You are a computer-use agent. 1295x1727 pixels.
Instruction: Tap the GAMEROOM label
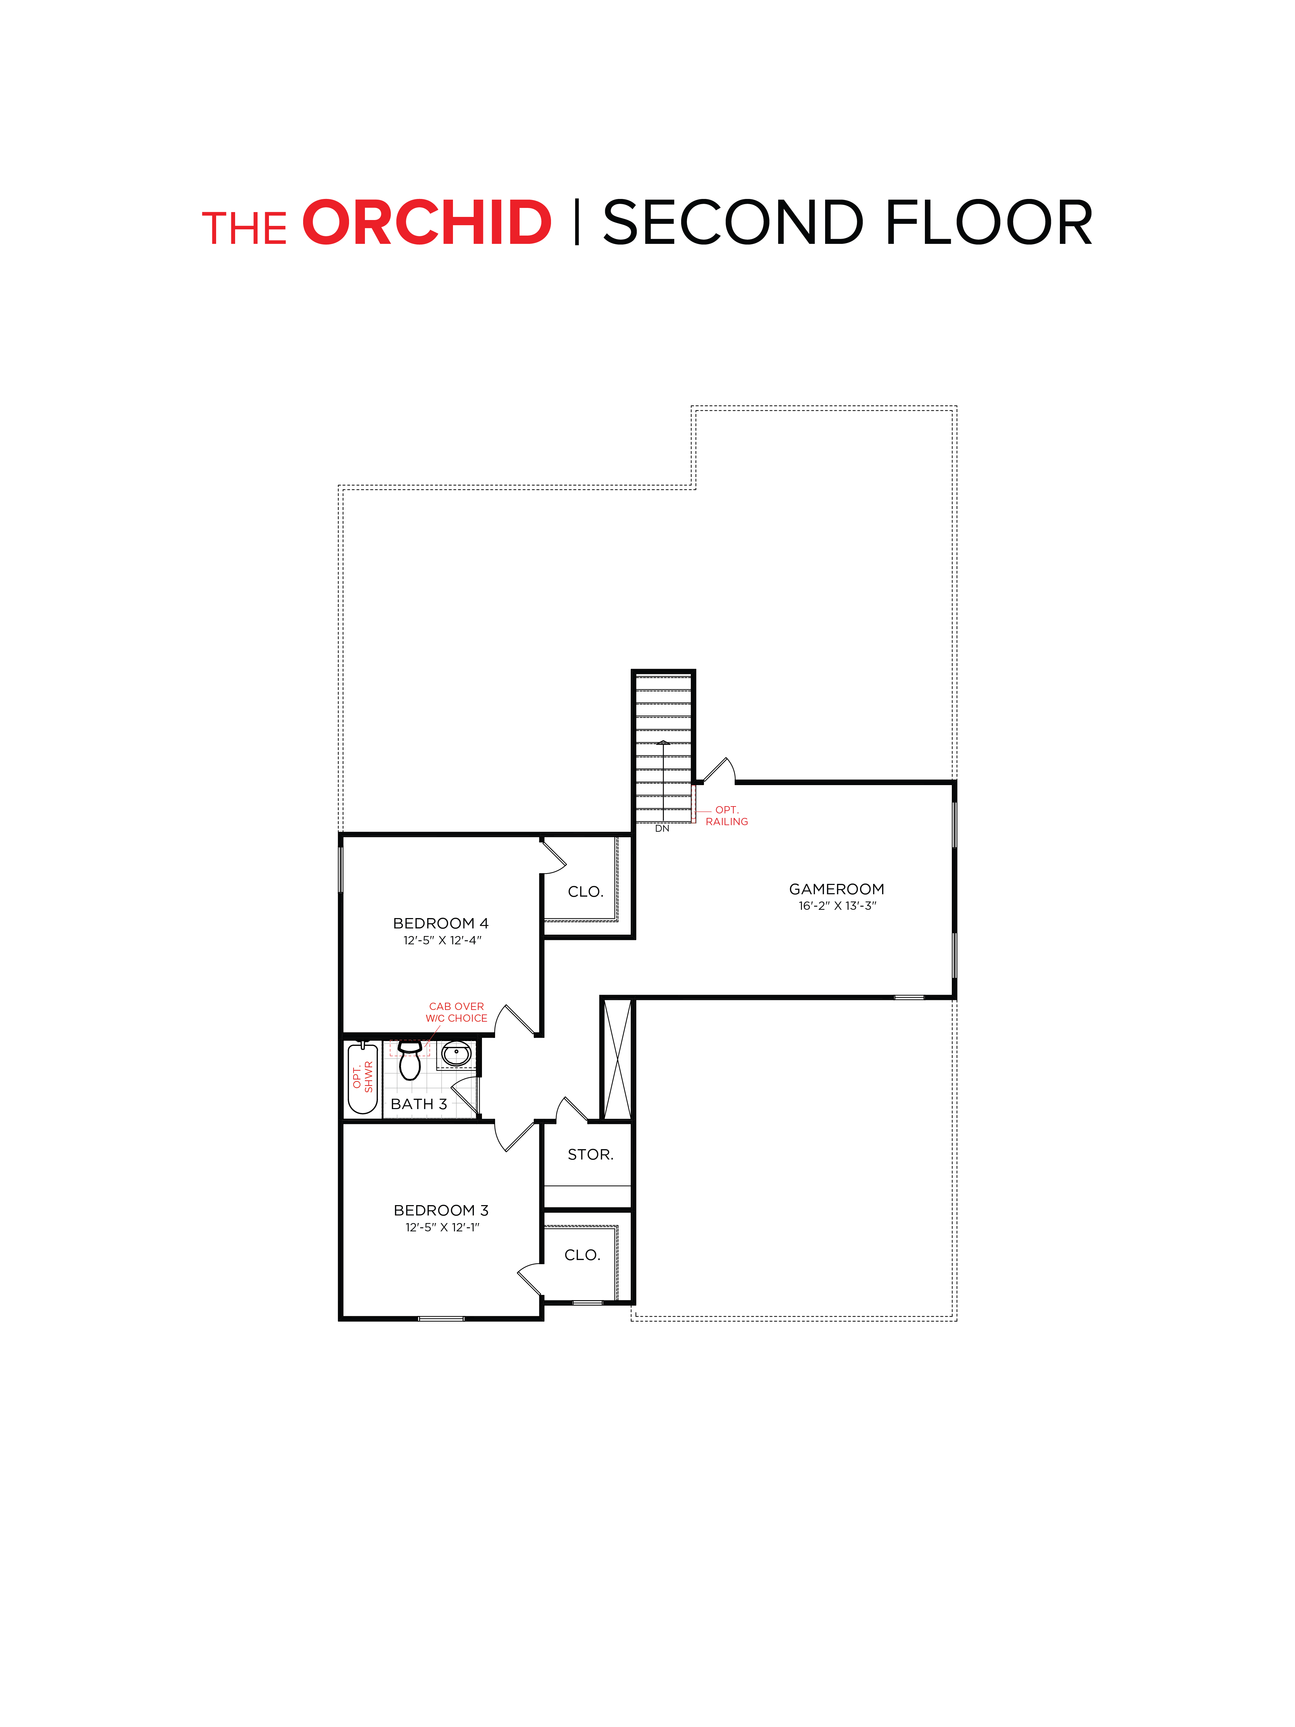(x=836, y=888)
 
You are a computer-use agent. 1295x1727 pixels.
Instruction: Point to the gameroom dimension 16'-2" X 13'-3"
(x=837, y=906)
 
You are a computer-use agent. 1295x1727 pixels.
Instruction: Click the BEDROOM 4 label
(x=440, y=923)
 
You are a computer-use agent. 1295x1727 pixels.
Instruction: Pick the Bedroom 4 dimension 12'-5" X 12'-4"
(x=442, y=940)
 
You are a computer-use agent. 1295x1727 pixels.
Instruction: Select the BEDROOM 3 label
(x=440, y=1210)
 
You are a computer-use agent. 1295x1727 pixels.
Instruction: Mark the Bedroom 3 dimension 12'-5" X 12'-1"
(x=442, y=1227)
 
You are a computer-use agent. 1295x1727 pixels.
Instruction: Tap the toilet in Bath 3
(x=410, y=1060)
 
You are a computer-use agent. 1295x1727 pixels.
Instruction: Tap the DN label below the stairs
(x=662, y=828)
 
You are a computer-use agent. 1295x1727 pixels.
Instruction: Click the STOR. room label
(x=590, y=1154)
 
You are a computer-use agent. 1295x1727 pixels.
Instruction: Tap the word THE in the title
(x=244, y=228)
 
